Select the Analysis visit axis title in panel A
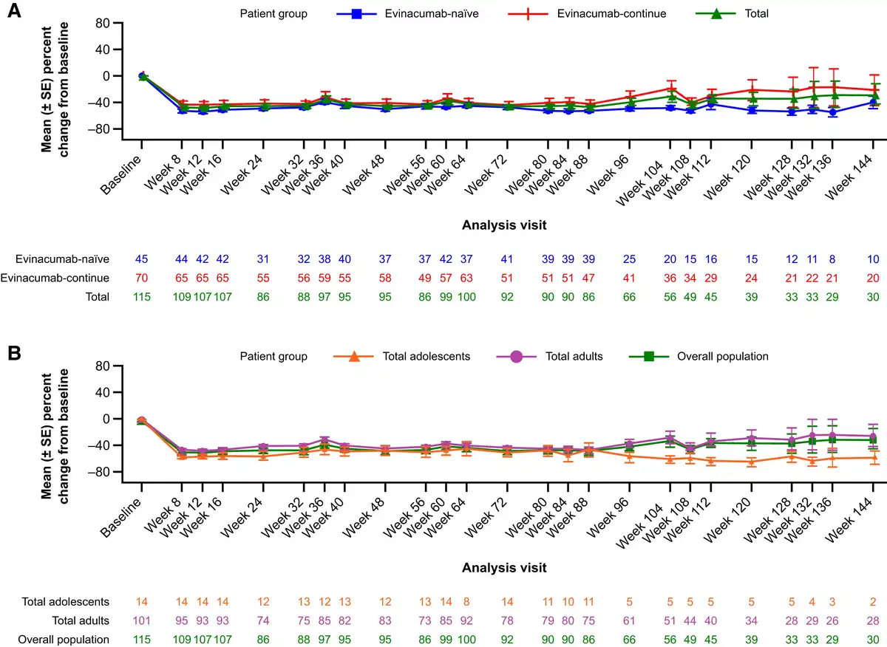coord(505,222)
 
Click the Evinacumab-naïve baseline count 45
coord(142,259)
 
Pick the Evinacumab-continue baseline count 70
coord(142,278)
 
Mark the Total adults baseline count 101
coord(142,620)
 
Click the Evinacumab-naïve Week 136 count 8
coord(833,259)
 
